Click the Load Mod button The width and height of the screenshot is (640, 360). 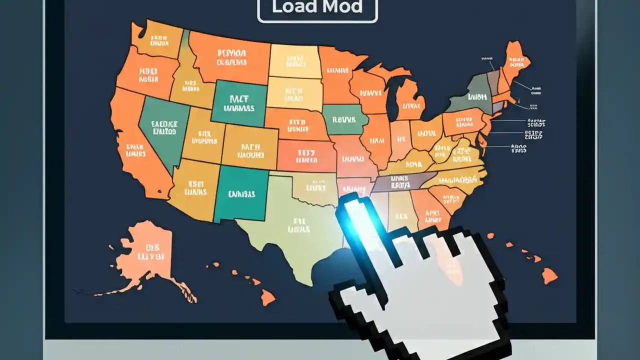pos(317,9)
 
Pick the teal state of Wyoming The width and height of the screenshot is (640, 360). pos(239,102)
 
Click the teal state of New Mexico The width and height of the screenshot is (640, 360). pos(241,194)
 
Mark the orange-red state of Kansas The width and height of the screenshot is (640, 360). pos(306,155)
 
